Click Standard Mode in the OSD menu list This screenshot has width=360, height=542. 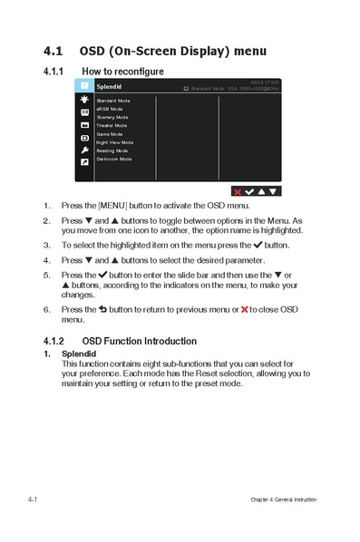pyautogui.click(x=113, y=100)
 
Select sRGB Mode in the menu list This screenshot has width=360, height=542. pyautogui.click(x=110, y=109)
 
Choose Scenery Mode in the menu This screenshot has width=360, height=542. pyautogui.click(x=112, y=117)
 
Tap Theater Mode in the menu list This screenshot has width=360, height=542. pyautogui.click(x=112, y=125)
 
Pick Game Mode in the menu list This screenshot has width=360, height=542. pyautogui.click(x=110, y=134)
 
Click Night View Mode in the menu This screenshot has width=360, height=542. pyautogui.click(x=114, y=142)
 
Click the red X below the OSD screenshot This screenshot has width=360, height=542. pyautogui.click(x=238, y=191)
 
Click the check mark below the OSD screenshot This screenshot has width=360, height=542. pyautogui.click(x=249, y=191)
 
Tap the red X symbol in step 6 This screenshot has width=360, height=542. pyautogui.click(x=244, y=309)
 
